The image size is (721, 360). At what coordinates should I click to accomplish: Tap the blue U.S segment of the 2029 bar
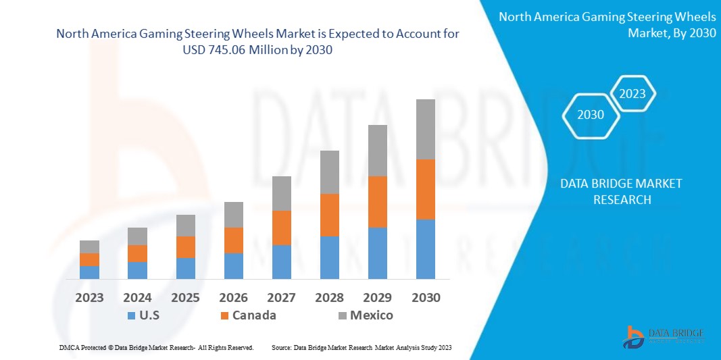pos(377,253)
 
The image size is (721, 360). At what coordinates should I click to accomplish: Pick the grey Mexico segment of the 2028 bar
pos(330,172)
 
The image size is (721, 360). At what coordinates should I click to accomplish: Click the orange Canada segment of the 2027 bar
pos(282,228)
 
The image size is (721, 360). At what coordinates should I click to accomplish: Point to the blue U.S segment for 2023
pos(89,272)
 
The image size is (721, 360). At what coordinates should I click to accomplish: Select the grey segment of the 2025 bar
pos(186,226)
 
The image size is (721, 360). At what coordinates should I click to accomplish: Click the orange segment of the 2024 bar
pos(137,253)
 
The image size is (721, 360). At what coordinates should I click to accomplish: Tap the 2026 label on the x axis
pos(234,297)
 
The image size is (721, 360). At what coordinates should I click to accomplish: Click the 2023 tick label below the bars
pos(89,297)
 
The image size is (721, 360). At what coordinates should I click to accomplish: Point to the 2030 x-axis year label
pos(426,297)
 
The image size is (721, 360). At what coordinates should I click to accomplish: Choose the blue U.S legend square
pos(130,315)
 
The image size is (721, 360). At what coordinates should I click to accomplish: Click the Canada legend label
pos(254,315)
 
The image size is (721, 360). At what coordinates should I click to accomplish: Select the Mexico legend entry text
pos(371,315)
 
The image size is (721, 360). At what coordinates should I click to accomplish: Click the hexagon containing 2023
pos(632,94)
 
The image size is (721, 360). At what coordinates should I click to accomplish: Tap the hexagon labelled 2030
pos(591,115)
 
